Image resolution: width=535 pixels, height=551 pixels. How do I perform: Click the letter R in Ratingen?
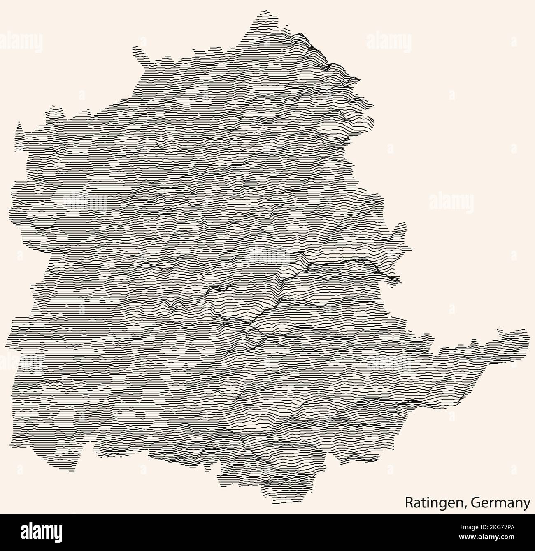click(408, 502)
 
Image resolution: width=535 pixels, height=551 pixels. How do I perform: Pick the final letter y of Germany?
click(527, 505)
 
